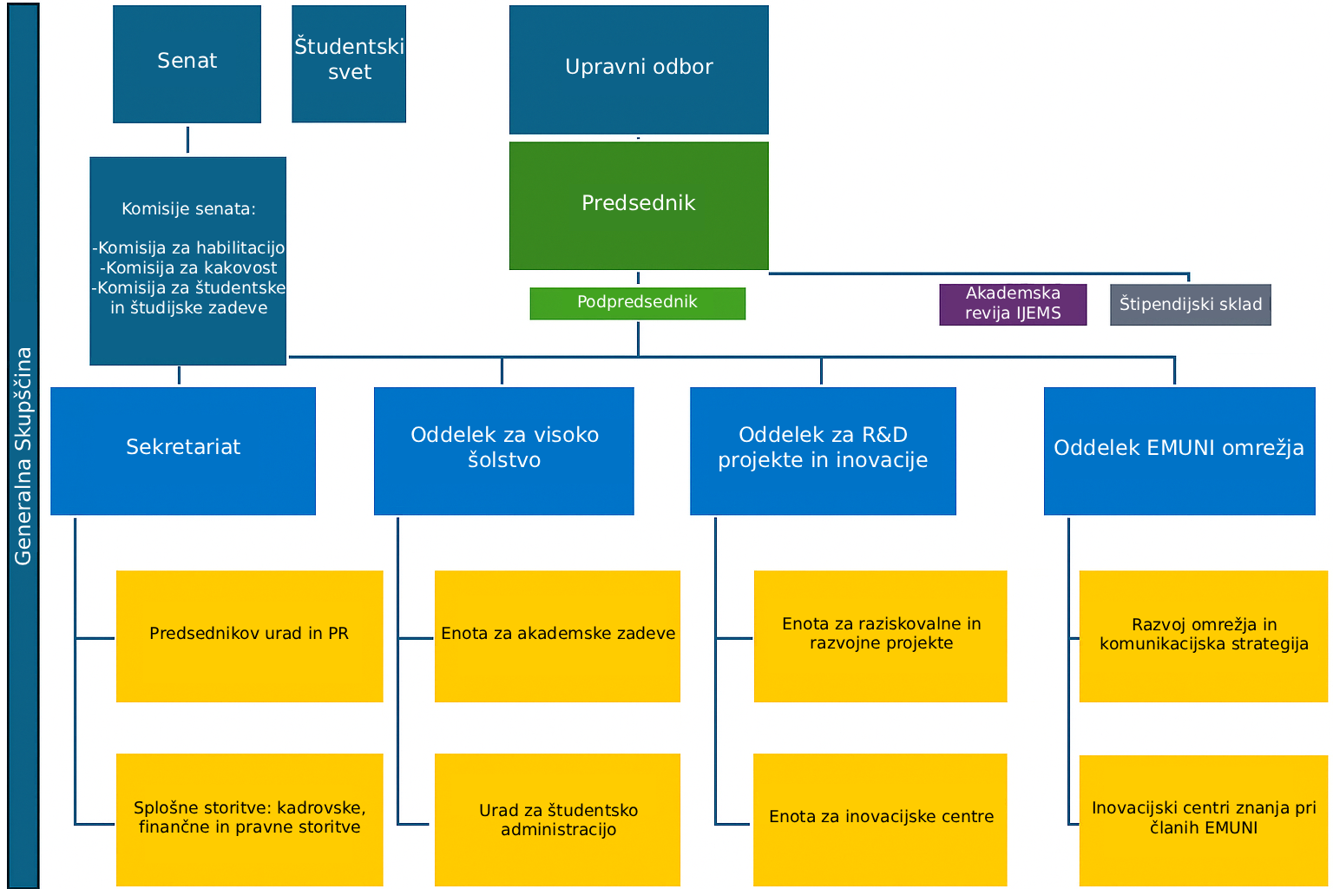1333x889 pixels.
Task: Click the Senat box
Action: click(187, 63)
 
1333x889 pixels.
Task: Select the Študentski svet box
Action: click(349, 63)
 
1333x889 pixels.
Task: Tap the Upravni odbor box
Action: click(639, 69)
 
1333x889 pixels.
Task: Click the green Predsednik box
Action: click(639, 205)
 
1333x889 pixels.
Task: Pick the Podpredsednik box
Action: click(638, 303)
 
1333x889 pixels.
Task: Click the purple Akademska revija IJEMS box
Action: click(1013, 304)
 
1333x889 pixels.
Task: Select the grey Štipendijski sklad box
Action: click(1190, 305)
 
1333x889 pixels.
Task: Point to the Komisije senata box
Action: click(187, 260)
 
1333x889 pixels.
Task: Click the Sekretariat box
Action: click(183, 450)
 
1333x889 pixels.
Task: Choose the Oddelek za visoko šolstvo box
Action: click(503, 450)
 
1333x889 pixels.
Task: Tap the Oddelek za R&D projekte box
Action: click(823, 450)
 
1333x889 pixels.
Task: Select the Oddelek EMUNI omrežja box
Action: click(1179, 450)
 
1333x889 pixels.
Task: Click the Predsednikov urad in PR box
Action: click(249, 635)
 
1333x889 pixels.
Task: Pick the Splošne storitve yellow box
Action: click(249, 819)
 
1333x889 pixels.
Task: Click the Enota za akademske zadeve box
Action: click(557, 635)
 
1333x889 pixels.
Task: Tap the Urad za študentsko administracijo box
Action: click(557, 819)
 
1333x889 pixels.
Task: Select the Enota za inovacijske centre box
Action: click(880, 819)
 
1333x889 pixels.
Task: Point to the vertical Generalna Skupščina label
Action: click(23, 456)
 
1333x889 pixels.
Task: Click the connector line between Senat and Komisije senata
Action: click(187, 140)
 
